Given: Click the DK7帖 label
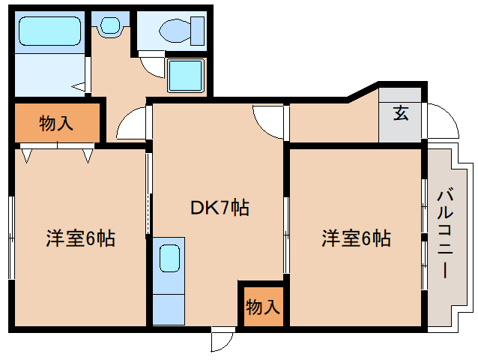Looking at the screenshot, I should click(219, 207).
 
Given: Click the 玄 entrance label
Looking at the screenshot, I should click(401, 114).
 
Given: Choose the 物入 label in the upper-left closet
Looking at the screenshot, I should click(56, 123).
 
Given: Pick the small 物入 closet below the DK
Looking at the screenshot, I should click(261, 306).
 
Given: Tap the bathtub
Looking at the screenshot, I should click(49, 32).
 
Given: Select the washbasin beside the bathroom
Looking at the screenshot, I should click(109, 25).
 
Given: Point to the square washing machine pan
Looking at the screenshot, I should click(184, 76).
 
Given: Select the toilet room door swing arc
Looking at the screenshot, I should click(153, 65).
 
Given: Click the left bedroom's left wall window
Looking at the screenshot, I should click(12, 237).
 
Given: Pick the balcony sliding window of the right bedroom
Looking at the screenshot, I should click(424, 232).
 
